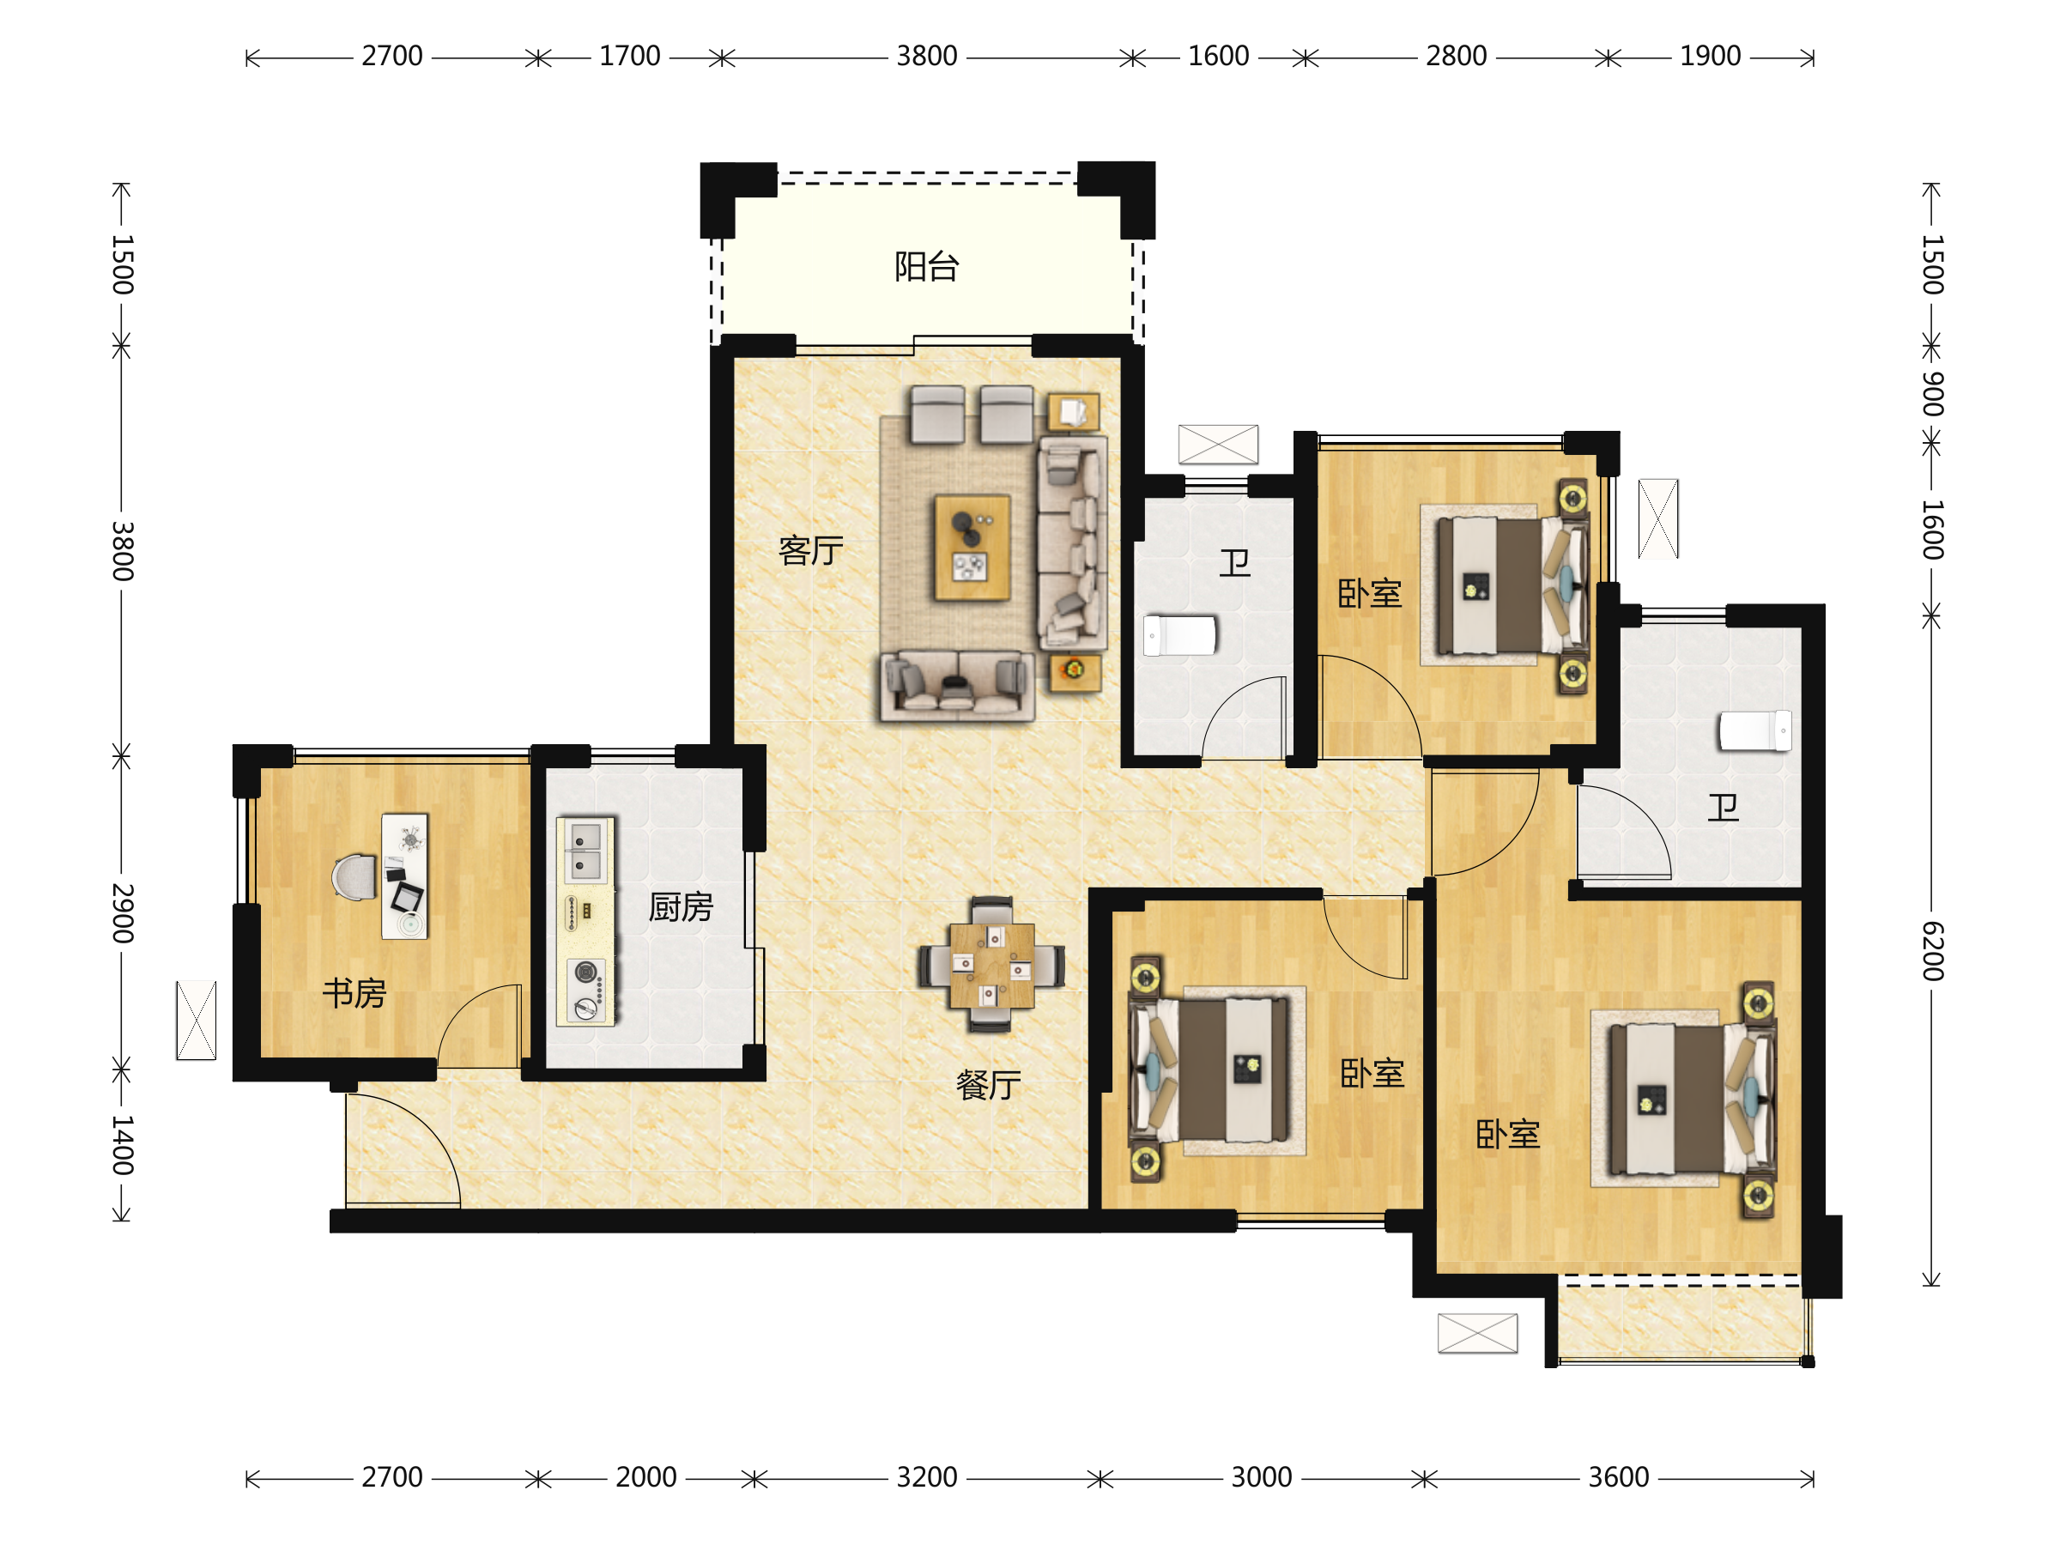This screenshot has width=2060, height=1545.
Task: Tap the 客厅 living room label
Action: [x=810, y=550]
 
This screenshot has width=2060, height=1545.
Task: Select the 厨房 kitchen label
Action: [x=681, y=907]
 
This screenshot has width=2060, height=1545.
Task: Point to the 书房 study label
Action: [x=354, y=994]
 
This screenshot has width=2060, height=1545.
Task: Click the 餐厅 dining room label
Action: [x=988, y=1085]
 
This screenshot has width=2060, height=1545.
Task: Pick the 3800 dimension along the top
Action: [x=927, y=57]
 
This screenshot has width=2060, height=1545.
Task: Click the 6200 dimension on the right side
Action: [x=1932, y=951]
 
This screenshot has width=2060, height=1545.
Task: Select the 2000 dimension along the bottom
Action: [x=645, y=1478]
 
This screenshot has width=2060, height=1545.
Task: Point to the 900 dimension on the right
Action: [x=1932, y=394]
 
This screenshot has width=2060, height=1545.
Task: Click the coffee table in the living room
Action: [x=972, y=548]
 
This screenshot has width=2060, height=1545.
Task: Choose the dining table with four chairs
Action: [x=991, y=965]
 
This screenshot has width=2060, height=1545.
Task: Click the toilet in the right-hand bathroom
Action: [x=1754, y=730]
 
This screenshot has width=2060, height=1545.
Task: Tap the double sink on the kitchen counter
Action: [x=584, y=851]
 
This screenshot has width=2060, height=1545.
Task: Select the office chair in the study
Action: [x=354, y=877]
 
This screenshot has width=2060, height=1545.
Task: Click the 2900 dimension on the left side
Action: [x=122, y=912]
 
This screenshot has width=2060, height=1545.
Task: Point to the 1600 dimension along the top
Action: [x=1218, y=57]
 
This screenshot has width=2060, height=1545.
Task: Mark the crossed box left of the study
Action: [x=196, y=1021]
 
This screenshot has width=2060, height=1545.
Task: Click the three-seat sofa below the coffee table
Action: [x=957, y=687]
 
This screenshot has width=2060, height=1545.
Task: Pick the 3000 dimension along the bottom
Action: [x=1261, y=1478]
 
